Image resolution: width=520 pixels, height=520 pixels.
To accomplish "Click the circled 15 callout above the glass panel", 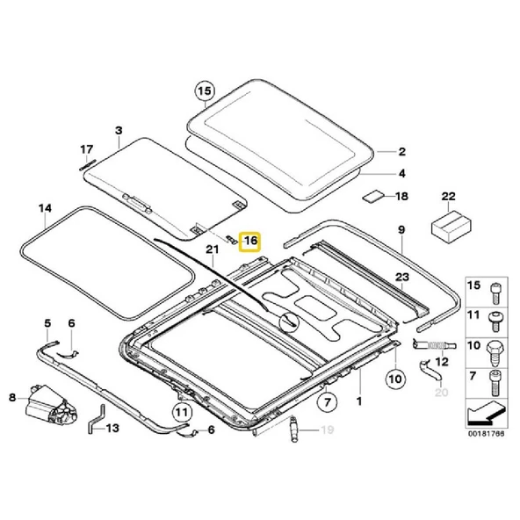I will (204, 90).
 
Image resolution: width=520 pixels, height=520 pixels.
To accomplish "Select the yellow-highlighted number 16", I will (250, 240).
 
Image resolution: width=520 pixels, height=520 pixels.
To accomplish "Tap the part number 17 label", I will (86, 148).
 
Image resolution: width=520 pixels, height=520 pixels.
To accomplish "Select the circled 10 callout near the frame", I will (394, 380).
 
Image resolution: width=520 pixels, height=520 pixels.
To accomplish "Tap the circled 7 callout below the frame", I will (327, 404).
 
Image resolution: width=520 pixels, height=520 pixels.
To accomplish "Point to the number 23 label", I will (402, 278).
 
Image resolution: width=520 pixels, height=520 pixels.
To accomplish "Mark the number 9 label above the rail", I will (401, 230).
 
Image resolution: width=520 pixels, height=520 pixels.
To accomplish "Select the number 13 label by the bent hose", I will (112, 430).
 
